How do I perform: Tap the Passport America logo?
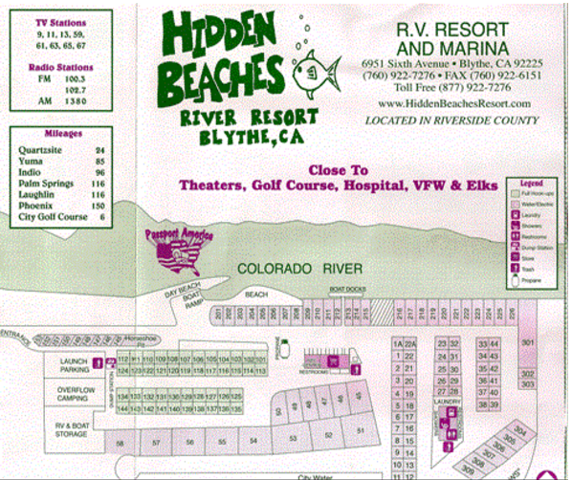coord(179,251)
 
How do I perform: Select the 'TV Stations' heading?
coord(58,21)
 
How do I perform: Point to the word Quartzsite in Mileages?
coord(42,150)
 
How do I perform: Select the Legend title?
coord(531,181)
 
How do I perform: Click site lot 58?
coord(121,443)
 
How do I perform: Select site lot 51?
coord(362,429)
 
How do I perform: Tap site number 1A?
coord(396,343)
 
